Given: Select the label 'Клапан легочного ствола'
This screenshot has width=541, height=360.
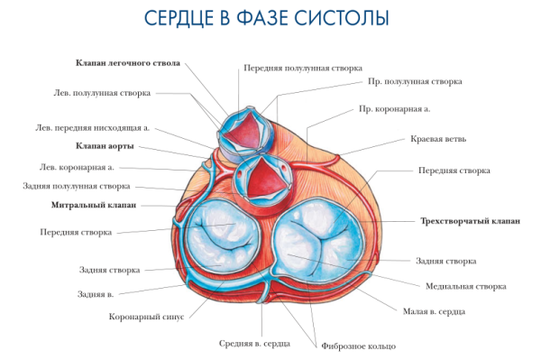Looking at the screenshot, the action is pyautogui.click(x=127, y=63).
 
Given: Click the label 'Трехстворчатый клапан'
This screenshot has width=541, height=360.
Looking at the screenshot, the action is pyautogui.click(x=470, y=221).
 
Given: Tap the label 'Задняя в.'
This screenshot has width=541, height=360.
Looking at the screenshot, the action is pyautogui.click(x=95, y=294).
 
